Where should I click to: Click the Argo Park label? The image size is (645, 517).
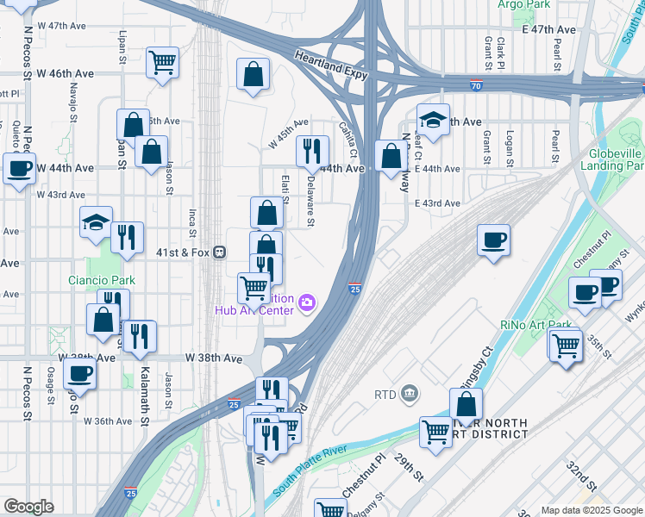523,4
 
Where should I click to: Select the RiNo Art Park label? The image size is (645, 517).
536,325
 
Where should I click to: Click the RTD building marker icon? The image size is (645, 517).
410,394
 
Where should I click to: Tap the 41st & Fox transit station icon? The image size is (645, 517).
221,252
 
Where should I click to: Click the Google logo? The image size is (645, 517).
28,507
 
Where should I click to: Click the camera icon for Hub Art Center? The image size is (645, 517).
307,302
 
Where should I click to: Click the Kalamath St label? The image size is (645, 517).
144,378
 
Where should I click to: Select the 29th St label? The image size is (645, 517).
410,471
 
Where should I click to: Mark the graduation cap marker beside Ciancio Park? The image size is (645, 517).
96,222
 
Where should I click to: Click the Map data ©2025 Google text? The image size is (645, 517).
591,510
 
